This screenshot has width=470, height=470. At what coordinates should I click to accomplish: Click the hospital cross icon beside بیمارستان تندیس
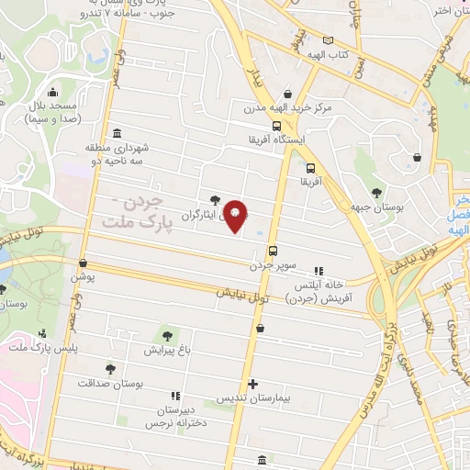(252, 384)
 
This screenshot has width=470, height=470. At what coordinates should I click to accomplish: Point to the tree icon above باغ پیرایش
(166, 335)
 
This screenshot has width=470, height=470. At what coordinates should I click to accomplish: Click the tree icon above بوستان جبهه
(377, 191)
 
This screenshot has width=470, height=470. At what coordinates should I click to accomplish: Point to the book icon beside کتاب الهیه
(329, 40)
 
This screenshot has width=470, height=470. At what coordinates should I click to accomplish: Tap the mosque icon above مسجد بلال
(52, 94)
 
